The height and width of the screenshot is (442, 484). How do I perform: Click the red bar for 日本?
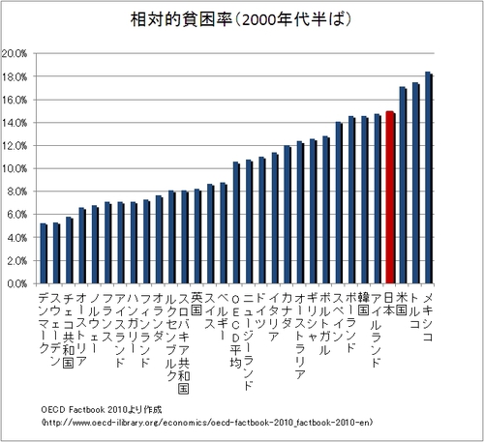[389, 197]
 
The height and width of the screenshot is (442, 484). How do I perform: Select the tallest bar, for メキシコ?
[428, 178]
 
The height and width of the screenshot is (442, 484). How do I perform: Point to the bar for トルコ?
[415, 184]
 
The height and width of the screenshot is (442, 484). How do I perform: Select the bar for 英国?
[197, 237]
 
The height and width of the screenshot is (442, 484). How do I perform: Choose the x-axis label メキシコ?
[428, 310]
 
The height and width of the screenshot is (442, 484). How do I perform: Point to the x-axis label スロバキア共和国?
[184, 335]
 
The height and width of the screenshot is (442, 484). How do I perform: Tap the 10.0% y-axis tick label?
[16, 168]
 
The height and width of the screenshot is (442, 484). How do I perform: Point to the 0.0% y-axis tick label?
[18, 284]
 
